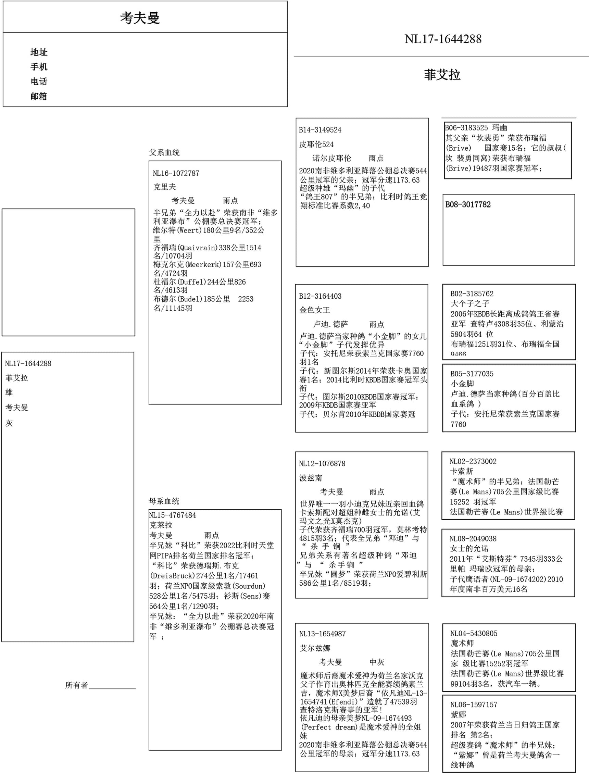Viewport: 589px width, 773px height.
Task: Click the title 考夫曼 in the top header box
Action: click(140, 18)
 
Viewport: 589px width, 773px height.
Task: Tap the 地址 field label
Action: click(39, 52)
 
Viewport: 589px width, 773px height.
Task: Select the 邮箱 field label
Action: click(39, 96)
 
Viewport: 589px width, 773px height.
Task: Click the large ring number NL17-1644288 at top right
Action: click(443, 39)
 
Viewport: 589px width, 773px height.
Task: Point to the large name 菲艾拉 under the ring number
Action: click(442, 75)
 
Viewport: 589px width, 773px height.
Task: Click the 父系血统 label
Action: click(164, 152)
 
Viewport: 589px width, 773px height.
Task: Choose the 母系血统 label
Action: click(164, 501)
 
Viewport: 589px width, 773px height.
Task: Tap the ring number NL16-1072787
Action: click(176, 173)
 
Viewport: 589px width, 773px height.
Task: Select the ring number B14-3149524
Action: click(320, 130)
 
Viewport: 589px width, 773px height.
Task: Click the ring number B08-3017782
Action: click(468, 204)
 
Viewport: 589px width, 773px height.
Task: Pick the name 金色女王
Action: click(314, 310)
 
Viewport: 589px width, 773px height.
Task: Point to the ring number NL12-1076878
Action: click(322, 463)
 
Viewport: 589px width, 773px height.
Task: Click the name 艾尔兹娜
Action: click(315, 648)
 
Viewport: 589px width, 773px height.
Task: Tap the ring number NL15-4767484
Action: click(173, 515)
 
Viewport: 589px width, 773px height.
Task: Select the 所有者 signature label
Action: click(76, 685)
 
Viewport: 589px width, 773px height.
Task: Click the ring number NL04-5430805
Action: click(474, 633)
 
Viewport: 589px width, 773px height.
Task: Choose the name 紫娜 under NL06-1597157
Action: click(458, 714)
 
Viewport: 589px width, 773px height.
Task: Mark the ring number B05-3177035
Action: click(472, 374)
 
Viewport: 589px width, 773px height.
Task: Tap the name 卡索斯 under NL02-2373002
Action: click(461, 471)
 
